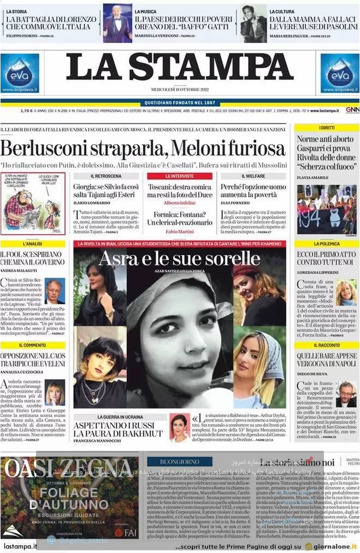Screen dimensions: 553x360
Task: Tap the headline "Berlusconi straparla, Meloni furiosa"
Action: (x=143, y=149)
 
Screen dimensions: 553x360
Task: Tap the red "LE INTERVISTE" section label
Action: (x=179, y=176)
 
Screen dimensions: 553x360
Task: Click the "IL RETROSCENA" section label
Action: (x=106, y=176)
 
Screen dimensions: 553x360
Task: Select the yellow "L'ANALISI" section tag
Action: (x=33, y=244)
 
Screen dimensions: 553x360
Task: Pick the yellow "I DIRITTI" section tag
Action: (x=327, y=127)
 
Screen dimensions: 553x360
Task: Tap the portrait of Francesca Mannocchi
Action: (x=179, y=426)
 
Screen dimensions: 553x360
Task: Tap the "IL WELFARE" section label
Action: (x=253, y=176)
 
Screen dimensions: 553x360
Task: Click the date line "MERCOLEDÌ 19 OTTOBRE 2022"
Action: (x=180, y=90)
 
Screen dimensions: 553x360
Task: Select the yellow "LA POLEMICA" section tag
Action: (x=327, y=244)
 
